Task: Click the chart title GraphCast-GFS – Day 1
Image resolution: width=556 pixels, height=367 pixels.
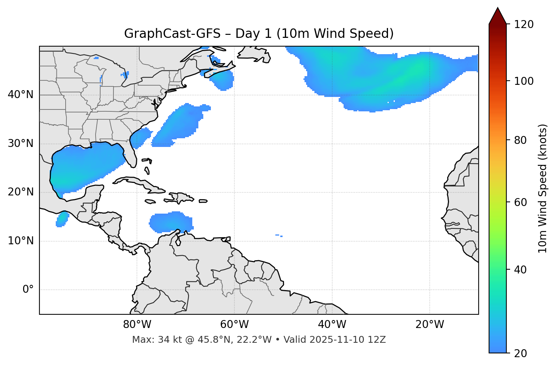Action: click(x=259, y=34)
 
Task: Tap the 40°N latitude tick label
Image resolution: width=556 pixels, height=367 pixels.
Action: click(x=20, y=95)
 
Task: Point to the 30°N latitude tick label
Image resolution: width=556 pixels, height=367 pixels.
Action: click(x=20, y=144)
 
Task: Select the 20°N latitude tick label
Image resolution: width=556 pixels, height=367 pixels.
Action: click(x=20, y=192)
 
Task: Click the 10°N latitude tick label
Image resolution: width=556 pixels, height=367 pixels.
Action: click(x=20, y=241)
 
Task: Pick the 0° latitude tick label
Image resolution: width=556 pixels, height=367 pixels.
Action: click(x=28, y=290)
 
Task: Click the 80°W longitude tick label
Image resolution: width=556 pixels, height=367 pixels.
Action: click(x=137, y=325)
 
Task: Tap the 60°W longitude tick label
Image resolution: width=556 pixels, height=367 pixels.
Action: click(x=234, y=325)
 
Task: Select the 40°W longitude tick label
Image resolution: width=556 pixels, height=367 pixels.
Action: click(x=332, y=325)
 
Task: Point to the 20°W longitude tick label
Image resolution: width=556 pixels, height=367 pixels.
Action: click(x=429, y=325)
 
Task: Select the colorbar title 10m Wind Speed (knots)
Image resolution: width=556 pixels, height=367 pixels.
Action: click(x=543, y=188)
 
